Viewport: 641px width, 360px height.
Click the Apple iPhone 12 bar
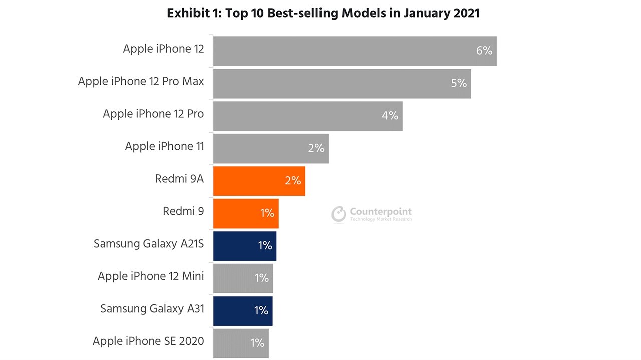pos(355,51)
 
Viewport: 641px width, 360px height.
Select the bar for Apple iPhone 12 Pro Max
pos(342,83)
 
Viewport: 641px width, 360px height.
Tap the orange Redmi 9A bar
pos(259,181)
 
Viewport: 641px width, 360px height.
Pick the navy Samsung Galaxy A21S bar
pos(244,246)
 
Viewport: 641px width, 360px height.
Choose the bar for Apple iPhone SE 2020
pos(241,343)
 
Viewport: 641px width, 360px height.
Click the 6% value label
pos(484,51)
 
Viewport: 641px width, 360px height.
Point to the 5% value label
pos(459,83)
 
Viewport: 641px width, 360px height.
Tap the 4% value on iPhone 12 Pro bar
pos(390,116)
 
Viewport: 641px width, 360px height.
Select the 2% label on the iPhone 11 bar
pos(316,148)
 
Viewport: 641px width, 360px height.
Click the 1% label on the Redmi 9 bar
pos(267,213)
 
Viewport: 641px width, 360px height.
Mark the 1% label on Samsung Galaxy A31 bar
pos(261,311)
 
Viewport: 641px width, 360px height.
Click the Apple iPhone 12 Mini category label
pos(151,276)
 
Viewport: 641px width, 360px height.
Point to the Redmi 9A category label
pos(179,179)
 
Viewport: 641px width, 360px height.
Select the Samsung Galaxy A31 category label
pos(152,309)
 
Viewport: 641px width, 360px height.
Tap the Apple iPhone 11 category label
pos(164,146)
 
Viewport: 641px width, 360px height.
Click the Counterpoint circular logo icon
pos(339,214)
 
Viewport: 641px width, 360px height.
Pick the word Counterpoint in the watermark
pos(381,211)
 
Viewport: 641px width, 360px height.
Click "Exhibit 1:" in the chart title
pos(193,13)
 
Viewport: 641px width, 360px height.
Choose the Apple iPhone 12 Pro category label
pos(153,114)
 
